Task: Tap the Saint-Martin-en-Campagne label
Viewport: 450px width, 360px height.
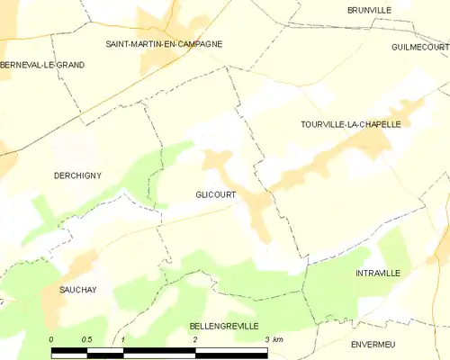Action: tap(164, 43)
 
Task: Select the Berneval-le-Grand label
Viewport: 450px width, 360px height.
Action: tap(42, 65)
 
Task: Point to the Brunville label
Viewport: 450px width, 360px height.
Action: tap(370, 10)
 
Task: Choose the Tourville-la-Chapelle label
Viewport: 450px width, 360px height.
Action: tap(350, 124)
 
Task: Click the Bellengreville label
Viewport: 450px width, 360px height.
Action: tap(224, 325)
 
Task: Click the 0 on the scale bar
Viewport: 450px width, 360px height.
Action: tap(51, 339)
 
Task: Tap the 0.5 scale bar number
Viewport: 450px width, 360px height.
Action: tap(85, 339)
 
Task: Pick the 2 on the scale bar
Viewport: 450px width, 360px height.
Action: tap(194, 339)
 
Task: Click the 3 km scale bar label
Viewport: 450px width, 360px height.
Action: tap(272, 339)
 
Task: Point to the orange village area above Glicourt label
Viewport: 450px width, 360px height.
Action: tap(216, 162)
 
